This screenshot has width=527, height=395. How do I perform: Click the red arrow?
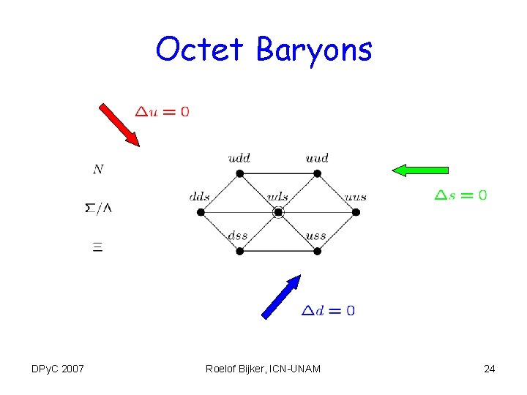pyautogui.click(x=119, y=125)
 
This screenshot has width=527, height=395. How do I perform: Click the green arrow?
pyautogui.click(x=420, y=170)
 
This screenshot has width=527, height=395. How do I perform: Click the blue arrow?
pyautogui.click(x=282, y=296)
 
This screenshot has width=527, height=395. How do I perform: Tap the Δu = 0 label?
pyautogui.click(x=162, y=112)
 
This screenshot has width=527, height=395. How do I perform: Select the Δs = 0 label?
pyautogui.click(x=461, y=195)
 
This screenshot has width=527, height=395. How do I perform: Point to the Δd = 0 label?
pyautogui.click(x=329, y=311)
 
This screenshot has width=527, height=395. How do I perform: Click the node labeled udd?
pyautogui.click(x=239, y=173)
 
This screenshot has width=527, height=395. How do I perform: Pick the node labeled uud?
pyautogui.click(x=317, y=173)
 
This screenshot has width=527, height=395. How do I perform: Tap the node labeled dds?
pyautogui.click(x=201, y=212)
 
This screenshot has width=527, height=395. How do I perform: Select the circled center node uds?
pyautogui.click(x=278, y=212)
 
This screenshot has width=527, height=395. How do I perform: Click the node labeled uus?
pyautogui.click(x=356, y=212)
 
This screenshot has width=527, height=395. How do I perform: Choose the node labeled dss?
pyautogui.click(x=239, y=251)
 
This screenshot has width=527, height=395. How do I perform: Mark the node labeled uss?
pyautogui.click(x=317, y=251)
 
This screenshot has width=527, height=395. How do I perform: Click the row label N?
pyautogui.click(x=98, y=170)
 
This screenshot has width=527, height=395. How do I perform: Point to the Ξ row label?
pyautogui.click(x=97, y=247)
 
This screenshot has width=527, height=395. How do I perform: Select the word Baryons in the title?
pyautogui.click(x=314, y=50)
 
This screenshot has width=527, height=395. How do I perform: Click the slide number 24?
pyautogui.click(x=489, y=369)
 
